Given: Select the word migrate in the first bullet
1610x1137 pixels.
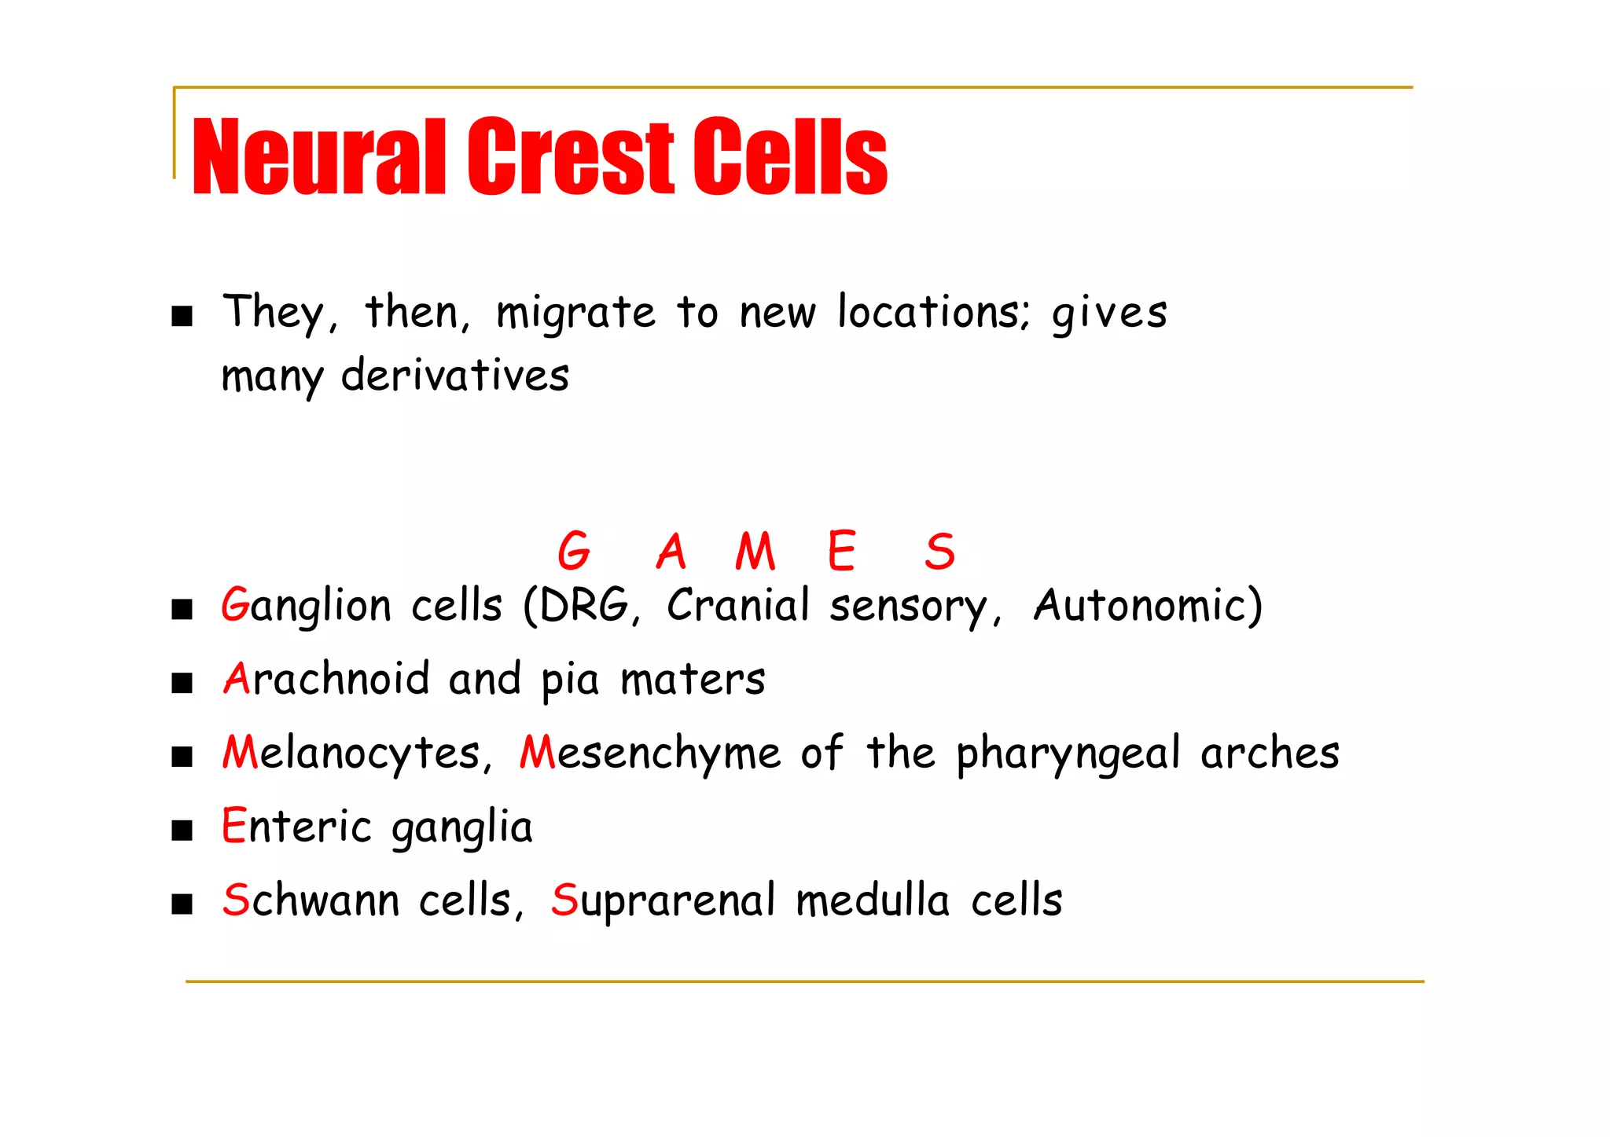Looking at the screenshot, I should [x=575, y=314].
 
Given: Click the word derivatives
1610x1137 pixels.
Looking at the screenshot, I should [x=455, y=376].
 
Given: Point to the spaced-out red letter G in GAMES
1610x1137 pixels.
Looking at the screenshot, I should [x=574, y=551].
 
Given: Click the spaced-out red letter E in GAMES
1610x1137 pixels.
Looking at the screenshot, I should [x=841, y=551].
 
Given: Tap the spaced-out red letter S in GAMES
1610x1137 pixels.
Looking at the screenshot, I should [x=940, y=551].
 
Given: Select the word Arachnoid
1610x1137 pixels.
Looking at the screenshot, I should [x=326, y=680].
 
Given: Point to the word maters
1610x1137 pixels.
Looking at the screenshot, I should [x=693, y=680].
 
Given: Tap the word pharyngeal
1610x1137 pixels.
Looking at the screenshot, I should [x=1068, y=754].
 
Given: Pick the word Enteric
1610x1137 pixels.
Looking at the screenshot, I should [x=296, y=827].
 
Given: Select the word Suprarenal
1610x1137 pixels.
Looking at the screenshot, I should [x=663, y=900].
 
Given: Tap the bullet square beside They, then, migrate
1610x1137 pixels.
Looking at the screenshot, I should [x=182, y=317].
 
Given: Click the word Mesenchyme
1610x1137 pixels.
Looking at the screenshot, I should [x=650, y=754].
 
